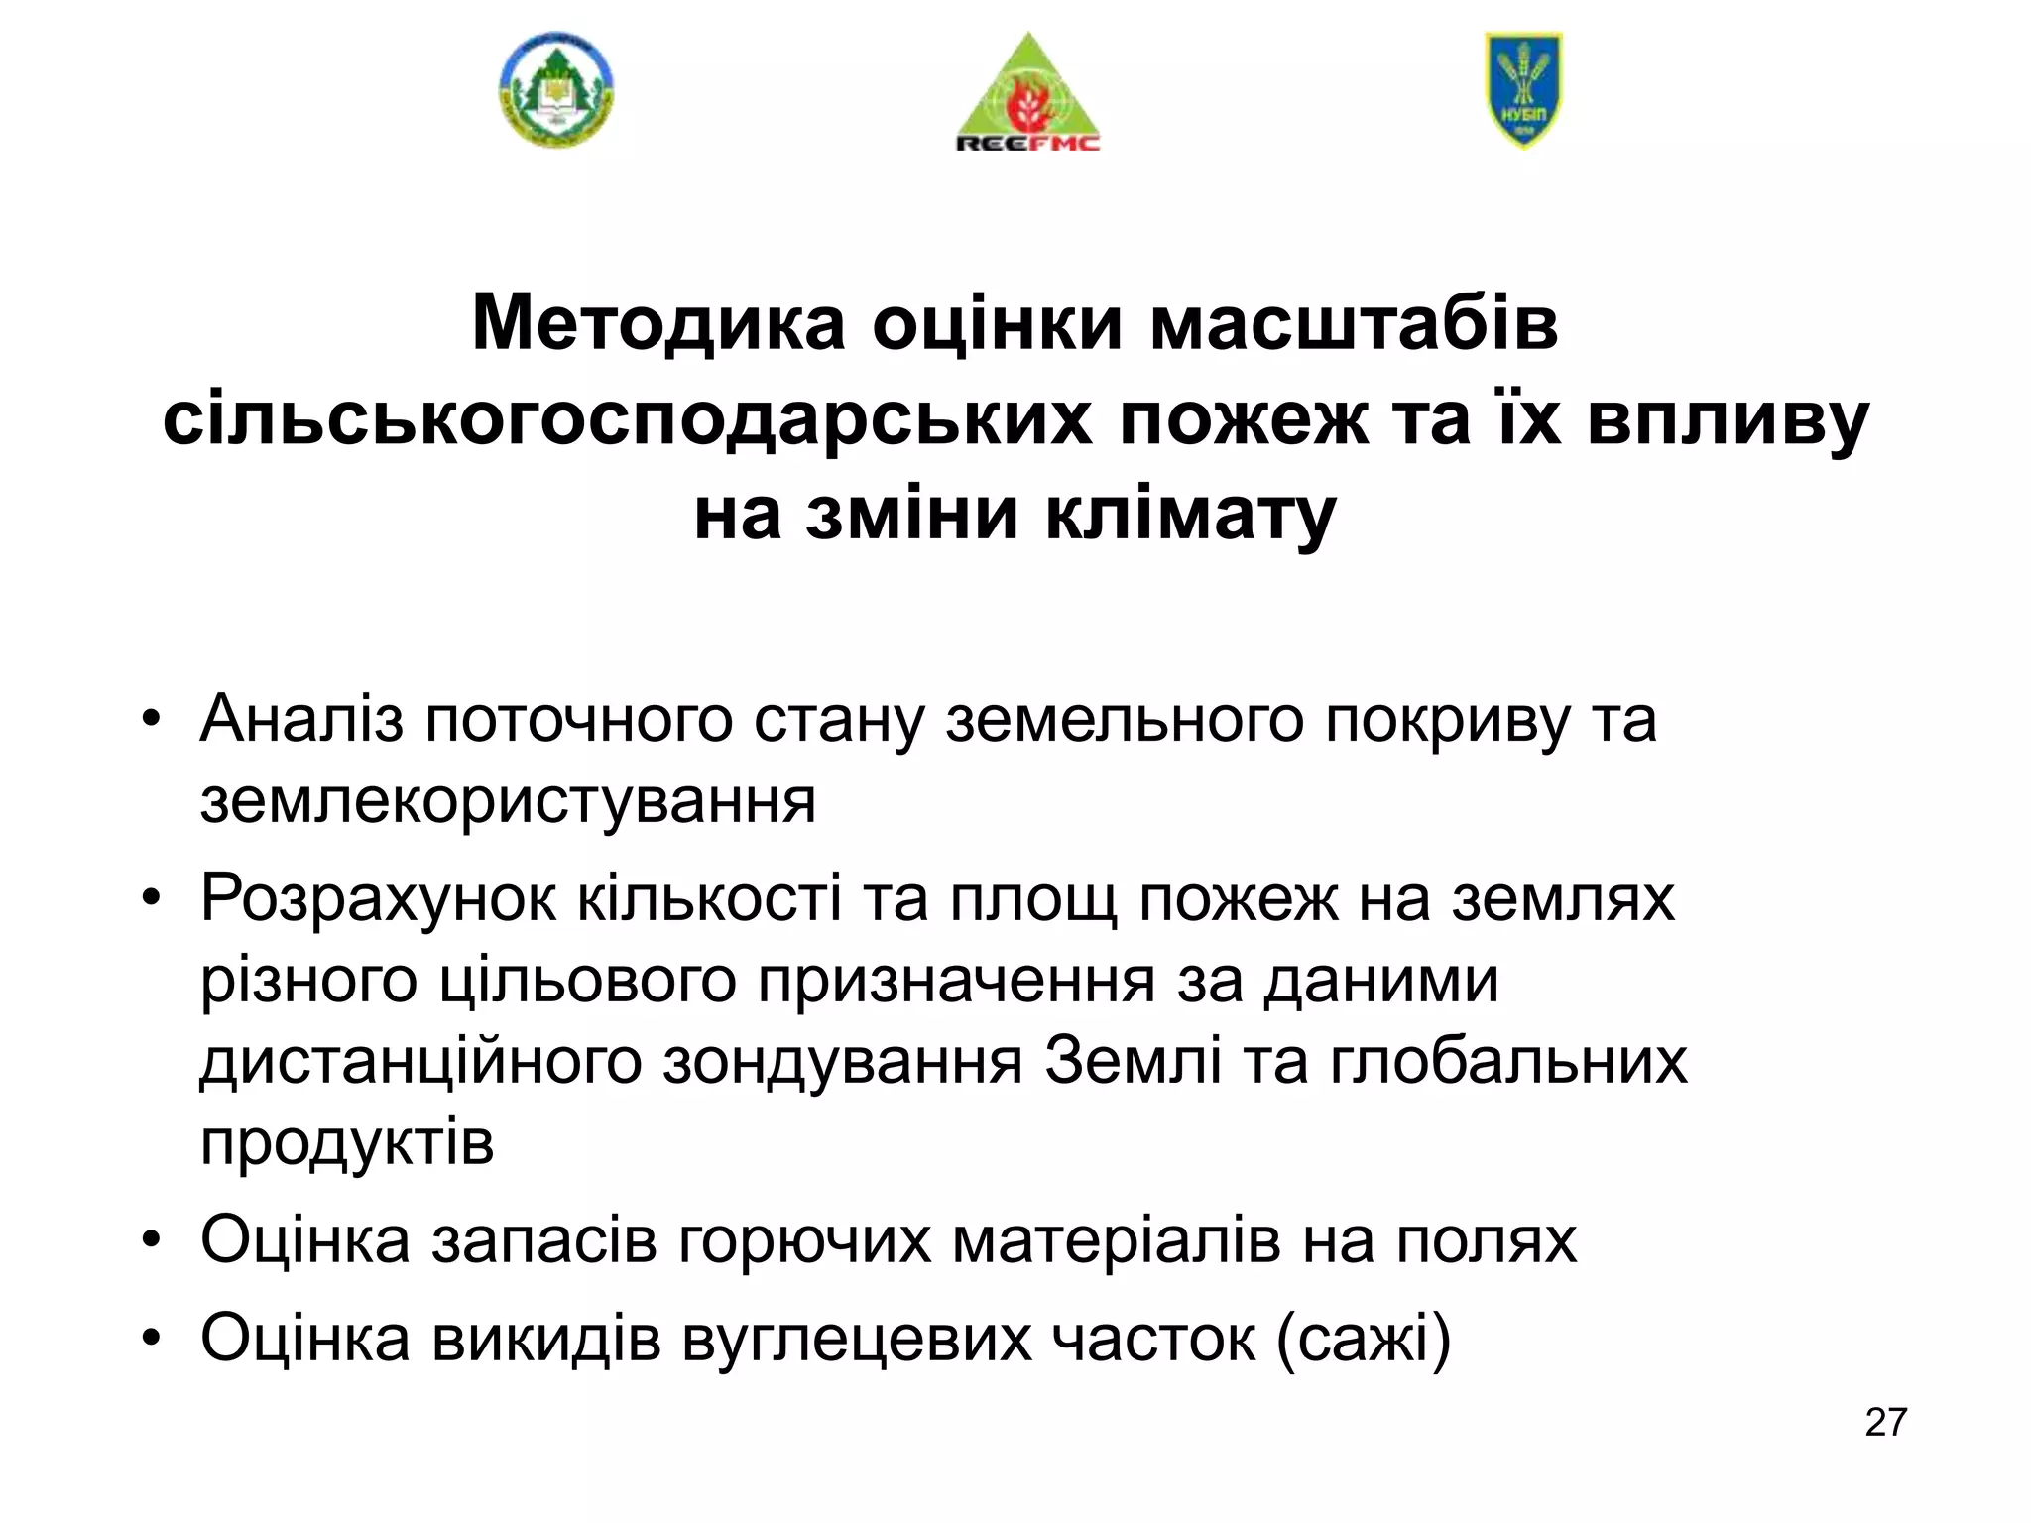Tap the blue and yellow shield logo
click(1523, 89)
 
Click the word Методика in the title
click(658, 322)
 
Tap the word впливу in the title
click(1728, 419)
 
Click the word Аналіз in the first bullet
click(301, 718)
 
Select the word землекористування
click(508, 801)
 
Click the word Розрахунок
click(378, 898)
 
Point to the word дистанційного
click(420, 1061)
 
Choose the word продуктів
click(347, 1143)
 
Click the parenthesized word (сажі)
click(1364, 1338)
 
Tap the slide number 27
click(1885, 1422)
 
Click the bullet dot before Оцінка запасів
click(151, 1241)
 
